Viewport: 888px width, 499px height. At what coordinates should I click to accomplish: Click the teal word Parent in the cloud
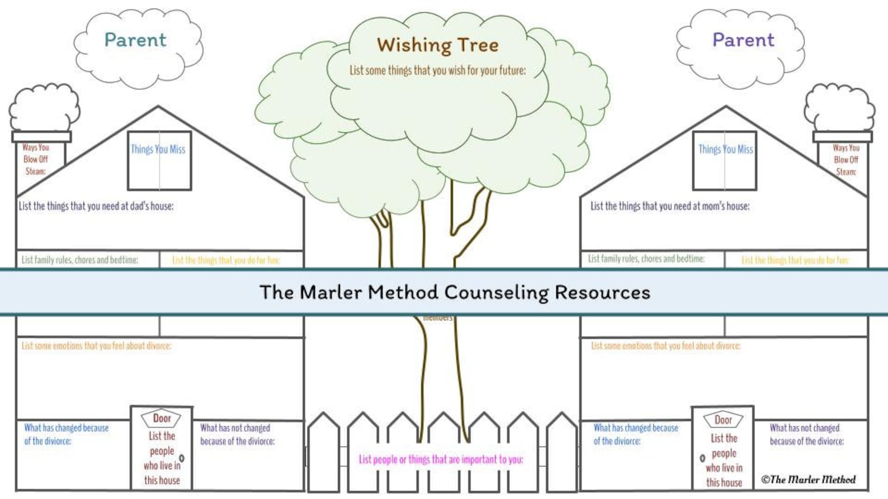coord(135,40)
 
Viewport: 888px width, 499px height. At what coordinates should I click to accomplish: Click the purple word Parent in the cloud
coord(743,40)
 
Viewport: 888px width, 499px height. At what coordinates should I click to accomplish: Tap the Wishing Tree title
coord(437,45)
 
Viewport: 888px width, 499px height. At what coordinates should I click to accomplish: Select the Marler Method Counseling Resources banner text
coord(455,292)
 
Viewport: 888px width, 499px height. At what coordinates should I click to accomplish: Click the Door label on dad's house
coord(162,418)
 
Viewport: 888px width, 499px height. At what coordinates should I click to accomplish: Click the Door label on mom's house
coord(723,420)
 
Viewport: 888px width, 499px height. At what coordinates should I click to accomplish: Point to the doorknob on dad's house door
coord(182,458)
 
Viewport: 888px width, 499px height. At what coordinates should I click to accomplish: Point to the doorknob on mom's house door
coord(702,458)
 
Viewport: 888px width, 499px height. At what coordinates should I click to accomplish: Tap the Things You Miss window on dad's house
coord(159,160)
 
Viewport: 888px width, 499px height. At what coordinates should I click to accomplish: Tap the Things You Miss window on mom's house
coord(725,160)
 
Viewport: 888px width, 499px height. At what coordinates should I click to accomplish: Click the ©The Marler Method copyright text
coord(808,479)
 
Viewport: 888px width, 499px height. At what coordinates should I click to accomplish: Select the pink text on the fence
coord(441,459)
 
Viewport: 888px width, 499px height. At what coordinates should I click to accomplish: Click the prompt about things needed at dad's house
coord(96,206)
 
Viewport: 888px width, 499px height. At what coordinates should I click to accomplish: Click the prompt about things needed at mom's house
coord(670,206)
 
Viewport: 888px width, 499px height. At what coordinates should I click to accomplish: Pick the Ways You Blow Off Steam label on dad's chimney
coord(35,159)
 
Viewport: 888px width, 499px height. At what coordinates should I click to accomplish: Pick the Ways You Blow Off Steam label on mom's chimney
coord(846,160)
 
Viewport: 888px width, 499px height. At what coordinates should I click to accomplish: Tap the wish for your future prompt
coord(437,71)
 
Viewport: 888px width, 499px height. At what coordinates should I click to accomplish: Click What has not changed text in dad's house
coord(237,434)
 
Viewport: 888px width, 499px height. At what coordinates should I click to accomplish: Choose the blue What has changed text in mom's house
coord(635,434)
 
